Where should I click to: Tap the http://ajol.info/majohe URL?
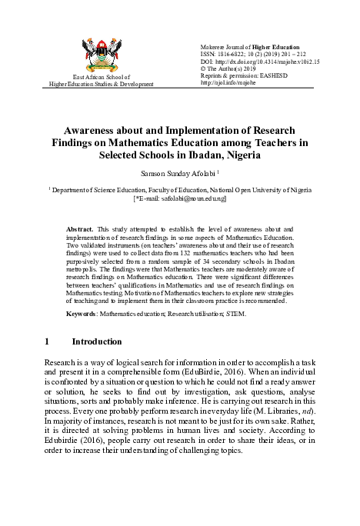tap(228, 82)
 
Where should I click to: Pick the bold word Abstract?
tap(79, 229)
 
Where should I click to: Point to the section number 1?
tap(48, 362)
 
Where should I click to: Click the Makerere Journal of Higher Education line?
tap(249, 47)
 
